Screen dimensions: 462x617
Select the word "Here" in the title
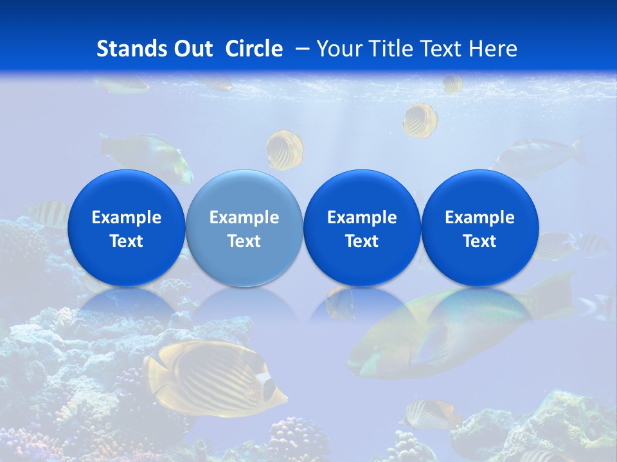(x=493, y=49)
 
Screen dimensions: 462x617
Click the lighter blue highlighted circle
(x=244, y=228)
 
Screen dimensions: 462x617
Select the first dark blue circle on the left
(x=127, y=228)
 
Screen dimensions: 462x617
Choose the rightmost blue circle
(x=480, y=228)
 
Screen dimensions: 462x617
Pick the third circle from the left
(x=362, y=228)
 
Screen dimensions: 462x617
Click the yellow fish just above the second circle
(x=285, y=150)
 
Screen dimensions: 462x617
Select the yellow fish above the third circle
(x=420, y=120)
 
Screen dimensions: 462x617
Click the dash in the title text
(x=302, y=49)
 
